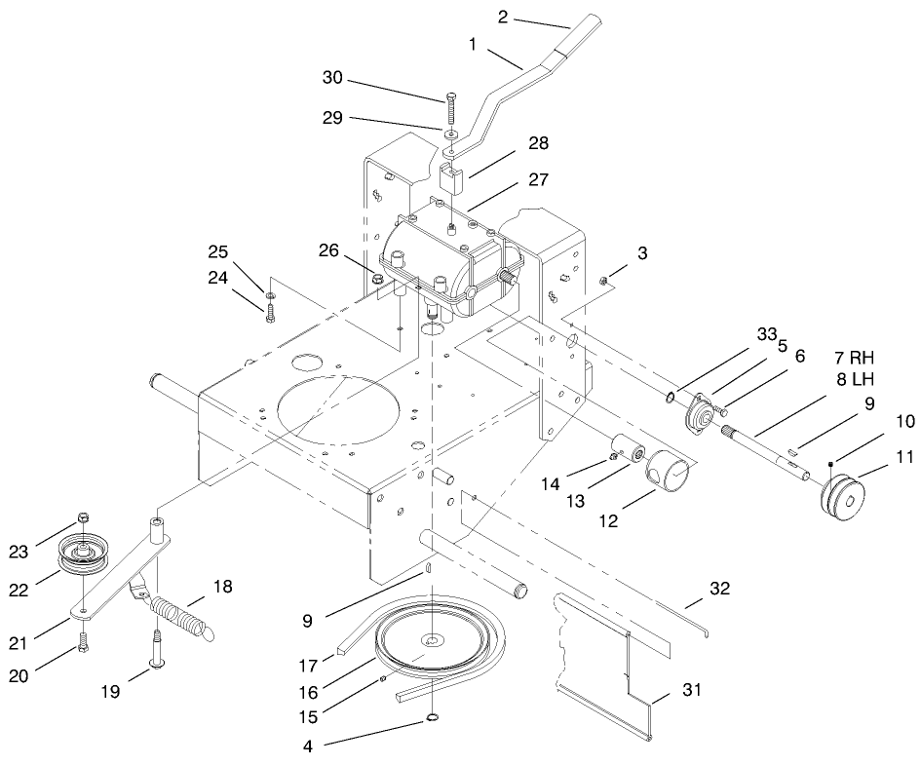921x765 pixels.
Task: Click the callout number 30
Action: (333, 78)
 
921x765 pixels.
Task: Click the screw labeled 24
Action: (269, 310)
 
